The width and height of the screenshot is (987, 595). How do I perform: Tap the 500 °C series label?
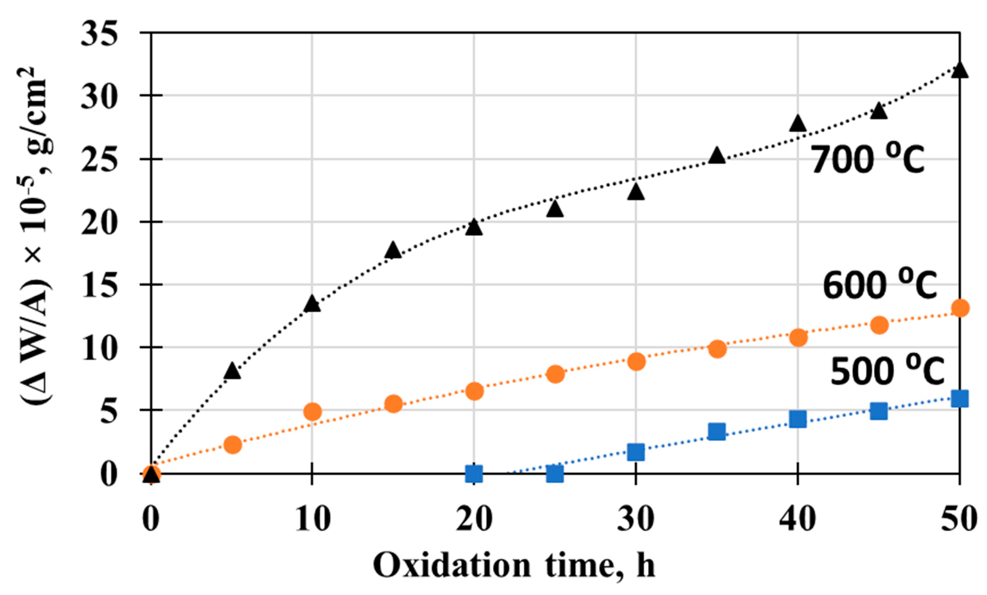pyautogui.click(x=887, y=371)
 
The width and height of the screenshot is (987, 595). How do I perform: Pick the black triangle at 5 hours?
pyautogui.click(x=232, y=371)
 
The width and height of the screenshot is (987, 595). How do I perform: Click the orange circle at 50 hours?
pyautogui.click(x=960, y=308)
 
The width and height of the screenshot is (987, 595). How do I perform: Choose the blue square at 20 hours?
pyautogui.click(x=474, y=474)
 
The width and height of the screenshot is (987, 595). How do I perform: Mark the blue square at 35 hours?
pyautogui.click(x=717, y=431)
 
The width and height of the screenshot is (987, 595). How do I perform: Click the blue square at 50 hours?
pyautogui.click(x=960, y=399)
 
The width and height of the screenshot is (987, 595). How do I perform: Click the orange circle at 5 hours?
pyautogui.click(x=232, y=445)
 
